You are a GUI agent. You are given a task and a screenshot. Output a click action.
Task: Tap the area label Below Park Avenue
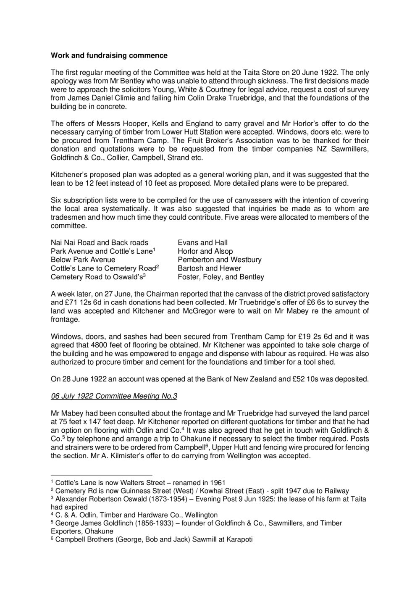[x=83, y=260]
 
